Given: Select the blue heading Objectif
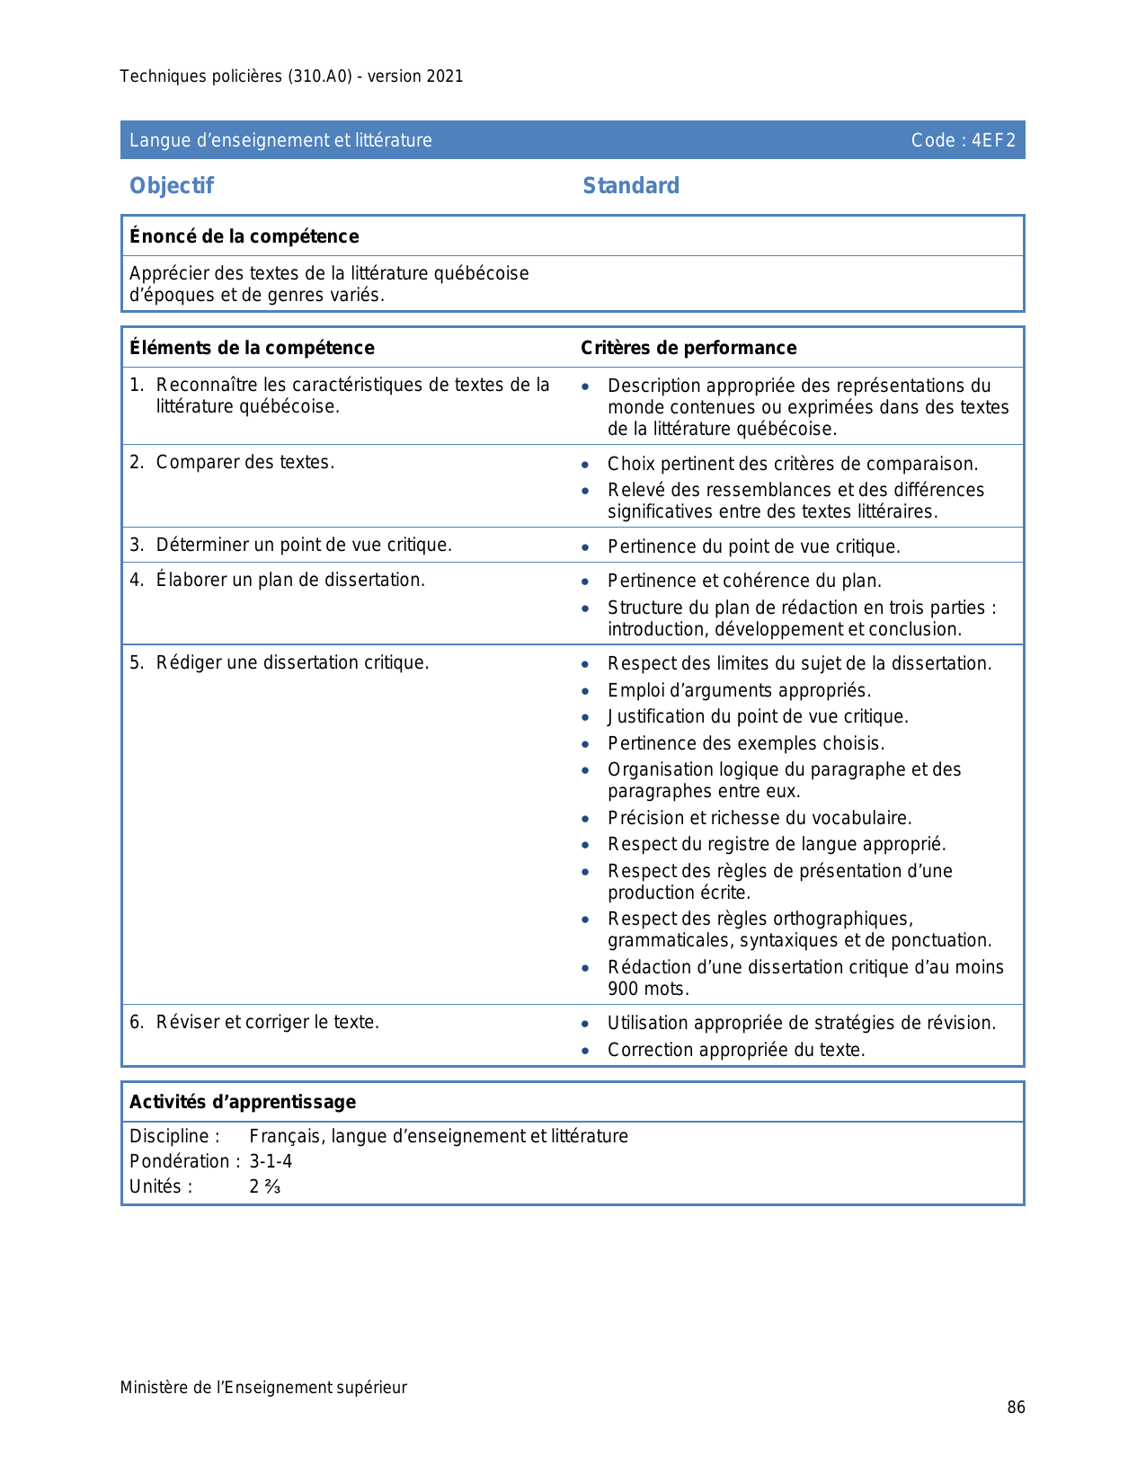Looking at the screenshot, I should click(172, 186).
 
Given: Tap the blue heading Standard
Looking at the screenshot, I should click(631, 186).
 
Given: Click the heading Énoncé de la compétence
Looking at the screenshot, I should click(244, 236).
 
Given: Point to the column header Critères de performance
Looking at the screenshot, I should click(688, 348).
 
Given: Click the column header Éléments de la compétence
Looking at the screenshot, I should click(252, 348).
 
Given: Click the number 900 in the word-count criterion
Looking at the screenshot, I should click(623, 989).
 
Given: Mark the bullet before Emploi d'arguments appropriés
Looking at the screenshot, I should click(586, 691).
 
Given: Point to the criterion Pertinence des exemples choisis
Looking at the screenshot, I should click(746, 743).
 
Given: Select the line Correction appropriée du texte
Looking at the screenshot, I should click(736, 1050).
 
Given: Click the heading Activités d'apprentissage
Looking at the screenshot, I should click(243, 1102).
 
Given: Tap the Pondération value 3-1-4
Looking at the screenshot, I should click(271, 1161).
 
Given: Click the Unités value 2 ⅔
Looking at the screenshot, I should click(265, 1186).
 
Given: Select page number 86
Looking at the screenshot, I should click(1016, 1408).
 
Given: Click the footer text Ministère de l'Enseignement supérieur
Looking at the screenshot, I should click(263, 1388).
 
